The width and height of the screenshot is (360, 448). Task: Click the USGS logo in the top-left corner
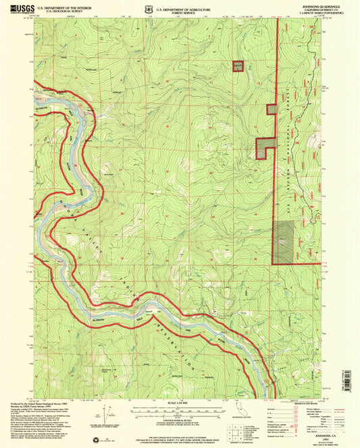pyautogui.click(x=20, y=7)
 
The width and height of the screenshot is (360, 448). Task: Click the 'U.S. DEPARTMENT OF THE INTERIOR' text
pyautogui.click(x=63, y=5)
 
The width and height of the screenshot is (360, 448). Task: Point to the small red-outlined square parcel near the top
pyautogui.click(x=237, y=65)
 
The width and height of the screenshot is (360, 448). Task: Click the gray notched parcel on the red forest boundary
pyautogui.click(x=263, y=148)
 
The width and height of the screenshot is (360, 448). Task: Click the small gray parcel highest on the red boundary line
pyautogui.click(x=271, y=109)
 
